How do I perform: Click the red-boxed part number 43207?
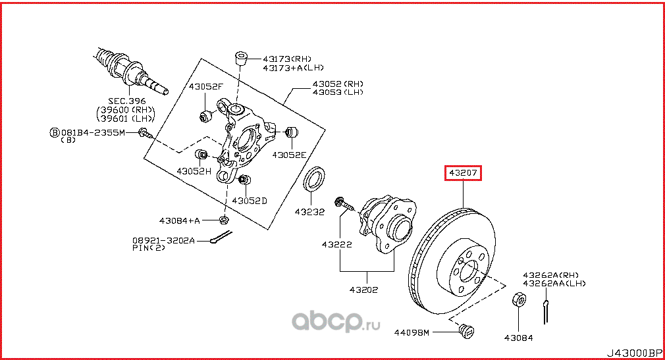[464, 173]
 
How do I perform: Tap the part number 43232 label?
[309, 212]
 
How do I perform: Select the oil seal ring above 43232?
[315, 180]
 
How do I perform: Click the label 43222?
[336, 244]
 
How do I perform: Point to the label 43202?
[363, 290]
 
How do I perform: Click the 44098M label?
[413, 333]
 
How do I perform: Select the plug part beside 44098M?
[468, 331]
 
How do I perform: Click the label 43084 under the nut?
[518, 338]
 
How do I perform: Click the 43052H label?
[194, 171]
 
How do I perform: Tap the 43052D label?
[250, 200]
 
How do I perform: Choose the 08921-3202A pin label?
[164, 241]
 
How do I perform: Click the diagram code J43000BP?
[633, 352]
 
